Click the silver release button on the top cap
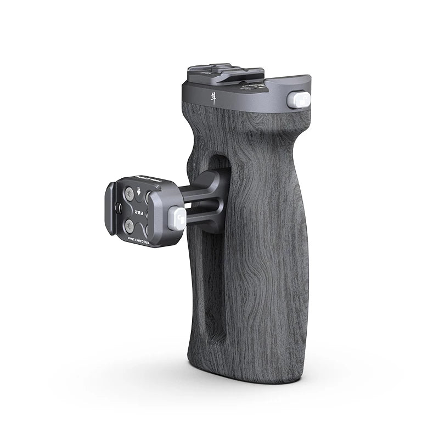click(299, 100)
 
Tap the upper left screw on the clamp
click(128, 194)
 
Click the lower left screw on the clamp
click(130, 224)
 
